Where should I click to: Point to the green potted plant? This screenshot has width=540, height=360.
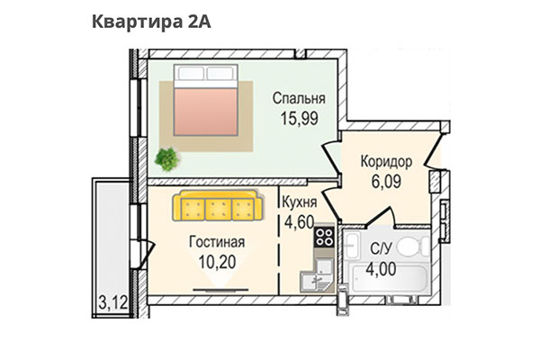(166, 158)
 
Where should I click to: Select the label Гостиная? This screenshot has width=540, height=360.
(217, 243)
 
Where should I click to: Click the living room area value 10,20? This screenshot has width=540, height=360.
(217, 261)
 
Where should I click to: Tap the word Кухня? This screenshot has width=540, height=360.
(299, 202)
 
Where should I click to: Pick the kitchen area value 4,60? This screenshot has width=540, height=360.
(299, 220)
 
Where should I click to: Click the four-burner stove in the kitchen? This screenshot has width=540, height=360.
(324, 238)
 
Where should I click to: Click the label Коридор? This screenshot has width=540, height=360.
(386, 162)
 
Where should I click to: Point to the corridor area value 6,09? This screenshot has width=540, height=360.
(386, 180)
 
